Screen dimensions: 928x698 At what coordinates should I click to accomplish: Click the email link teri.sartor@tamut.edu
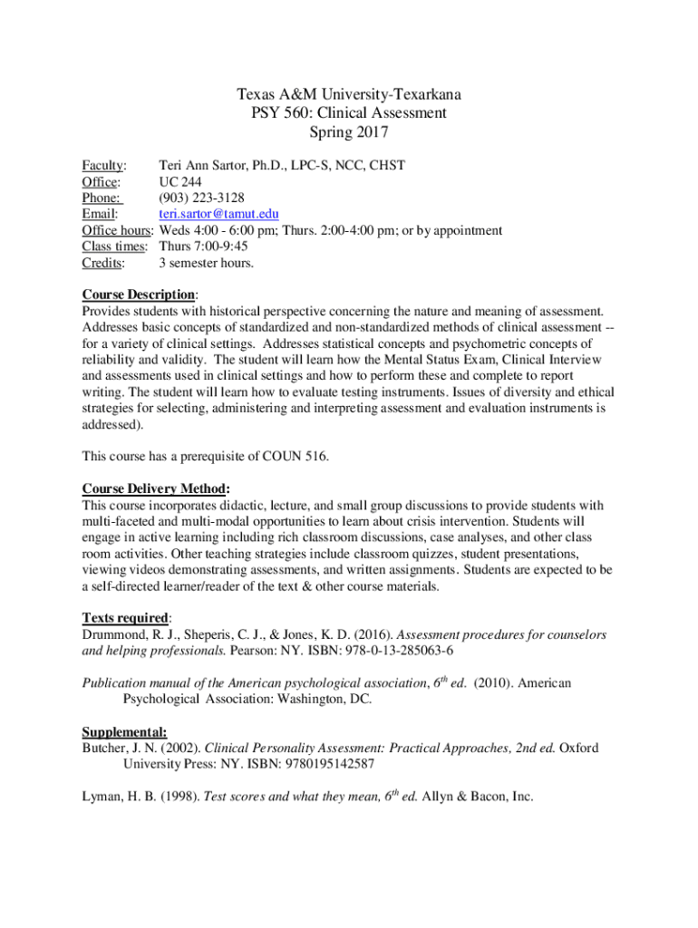coord(212,215)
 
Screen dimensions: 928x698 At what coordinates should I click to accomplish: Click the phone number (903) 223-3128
coord(201,198)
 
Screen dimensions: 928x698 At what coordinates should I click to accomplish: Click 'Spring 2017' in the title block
coord(349,133)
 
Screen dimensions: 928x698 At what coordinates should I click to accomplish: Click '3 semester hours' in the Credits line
coord(207,264)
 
